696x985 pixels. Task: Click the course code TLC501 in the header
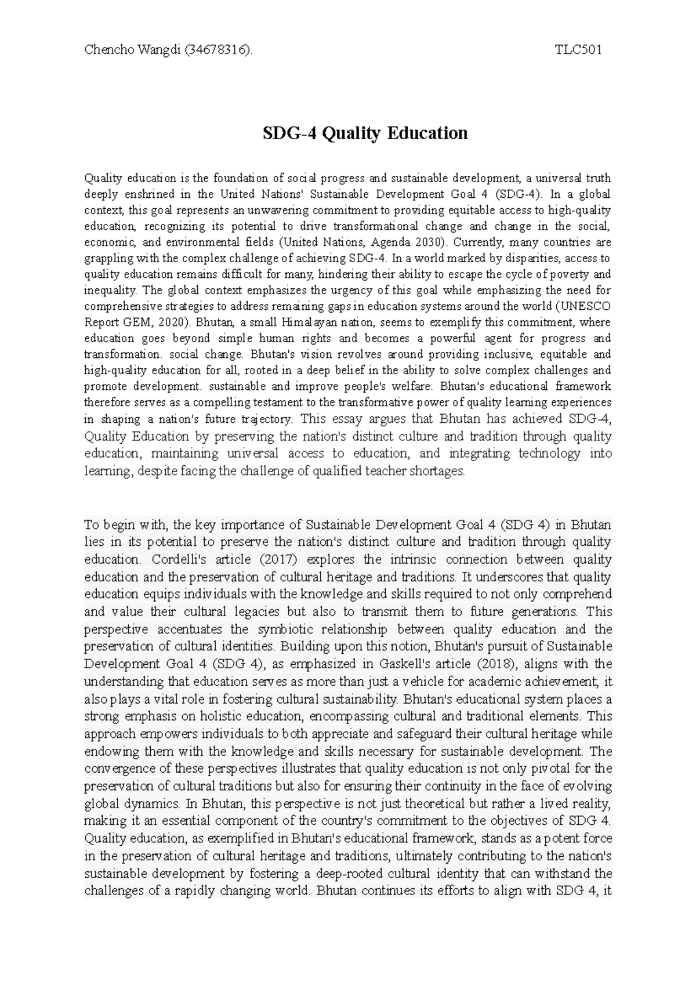pyautogui.click(x=578, y=50)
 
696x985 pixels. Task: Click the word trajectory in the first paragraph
pyautogui.click(x=272, y=419)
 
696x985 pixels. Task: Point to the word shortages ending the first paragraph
pyautogui.click(x=437, y=472)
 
